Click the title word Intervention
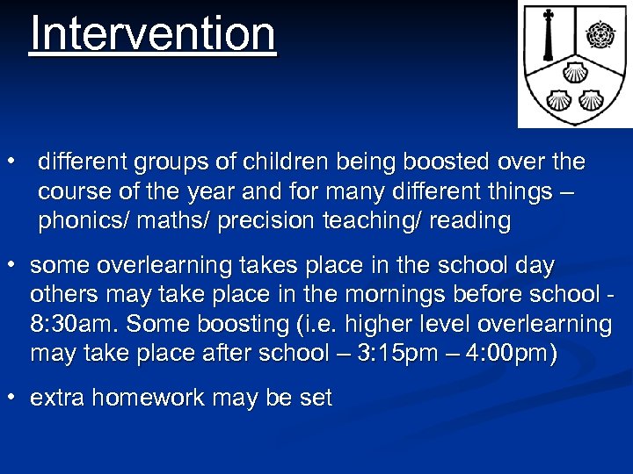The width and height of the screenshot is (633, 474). click(153, 35)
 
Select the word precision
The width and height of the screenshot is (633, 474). click(264, 221)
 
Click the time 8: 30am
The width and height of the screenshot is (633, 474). click(73, 325)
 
